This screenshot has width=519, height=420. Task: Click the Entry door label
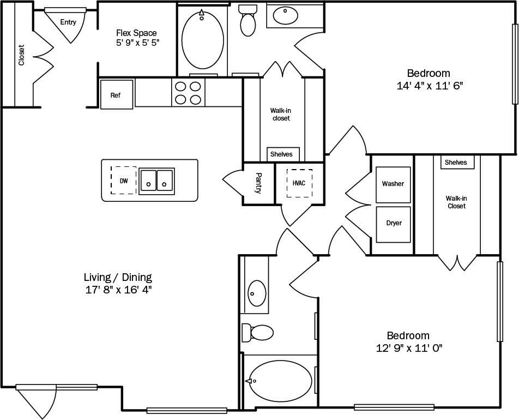pyautogui.click(x=68, y=22)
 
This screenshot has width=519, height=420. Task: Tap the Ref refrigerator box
pyautogui.click(x=116, y=95)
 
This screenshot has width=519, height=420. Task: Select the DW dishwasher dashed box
pyautogui.click(x=124, y=181)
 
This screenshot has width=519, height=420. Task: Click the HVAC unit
pyautogui.click(x=299, y=183)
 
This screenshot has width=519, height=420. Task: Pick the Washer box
pyautogui.click(x=393, y=184)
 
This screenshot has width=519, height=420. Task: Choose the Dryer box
pyautogui.click(x=393, y=224)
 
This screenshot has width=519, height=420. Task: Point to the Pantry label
pyautogui.click(x=258, y=184)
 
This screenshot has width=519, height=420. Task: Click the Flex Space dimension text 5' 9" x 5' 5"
pyautogui.click(x=137, y=43)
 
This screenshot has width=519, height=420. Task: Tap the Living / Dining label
pyautogui.click(x=118, y=277)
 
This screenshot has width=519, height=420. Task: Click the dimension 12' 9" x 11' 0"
pyautogui.click(x=408, y=349)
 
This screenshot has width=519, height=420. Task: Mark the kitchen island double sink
pyautogui.click(x=156, y=180)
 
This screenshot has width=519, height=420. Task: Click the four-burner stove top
pyautogui.click(x=188, y=92)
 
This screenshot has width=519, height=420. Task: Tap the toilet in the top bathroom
pyautogui.click(x=248, y=21)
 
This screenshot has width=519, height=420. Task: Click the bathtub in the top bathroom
pyautogui.click(x=202, y=41)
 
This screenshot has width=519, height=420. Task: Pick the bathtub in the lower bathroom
pyautogui.click(x=280, y=381)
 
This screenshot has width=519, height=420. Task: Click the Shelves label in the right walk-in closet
pyautogui.click(x=456, y=163)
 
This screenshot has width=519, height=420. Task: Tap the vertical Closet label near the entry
pyautogui.click(x=21, y=55)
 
